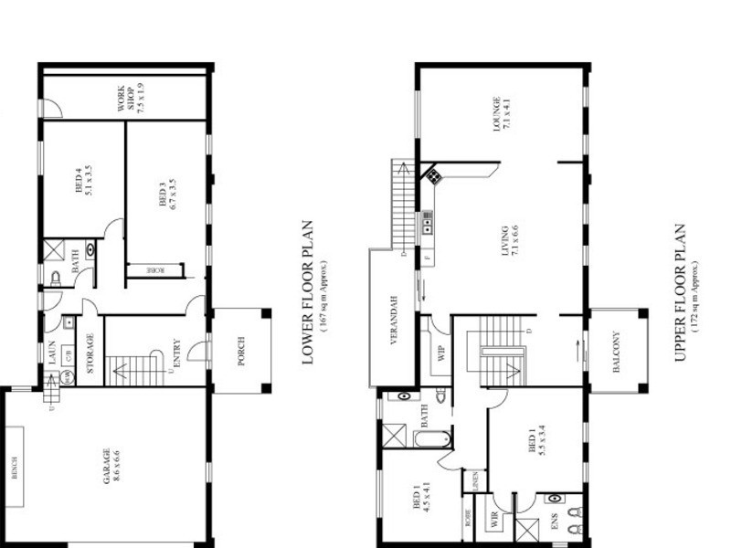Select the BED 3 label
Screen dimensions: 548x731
164,196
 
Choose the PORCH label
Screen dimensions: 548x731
240,351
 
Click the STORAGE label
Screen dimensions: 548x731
90,353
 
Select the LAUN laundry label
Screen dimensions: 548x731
52,352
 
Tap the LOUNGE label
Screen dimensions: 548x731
498,112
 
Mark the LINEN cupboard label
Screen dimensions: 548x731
476,480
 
